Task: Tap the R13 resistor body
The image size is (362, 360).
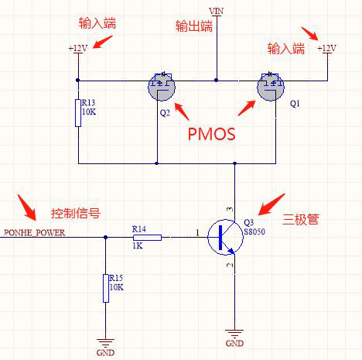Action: click(78, 113)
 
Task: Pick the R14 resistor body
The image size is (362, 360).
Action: click(148, 237)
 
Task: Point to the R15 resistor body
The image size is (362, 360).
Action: click(105, 288)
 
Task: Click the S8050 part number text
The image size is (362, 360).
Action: click(255, 230)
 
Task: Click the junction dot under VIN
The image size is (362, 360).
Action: click(217, 80)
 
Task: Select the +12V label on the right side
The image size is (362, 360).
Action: click(327, 48)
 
